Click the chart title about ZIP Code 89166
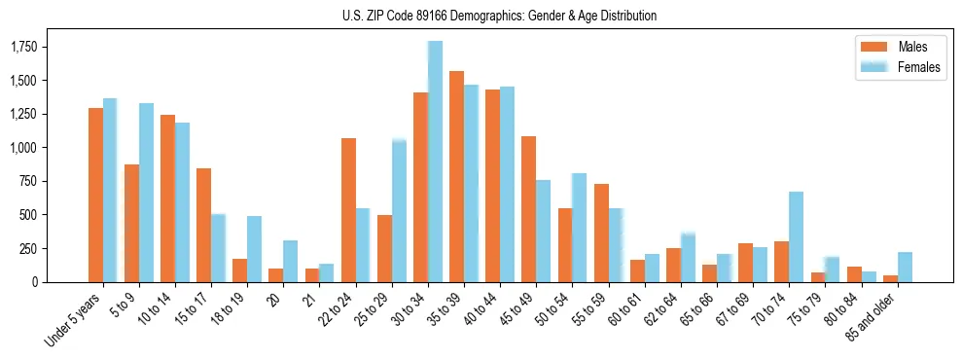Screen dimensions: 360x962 [499, 16]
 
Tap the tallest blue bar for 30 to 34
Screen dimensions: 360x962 [436, 162]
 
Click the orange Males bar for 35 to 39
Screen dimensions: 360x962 [456, 176]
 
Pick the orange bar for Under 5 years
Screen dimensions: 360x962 [95, 195]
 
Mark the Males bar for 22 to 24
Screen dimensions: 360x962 [348, 210]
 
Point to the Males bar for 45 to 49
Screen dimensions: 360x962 [528, 209]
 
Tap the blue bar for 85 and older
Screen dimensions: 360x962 [905, 267]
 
